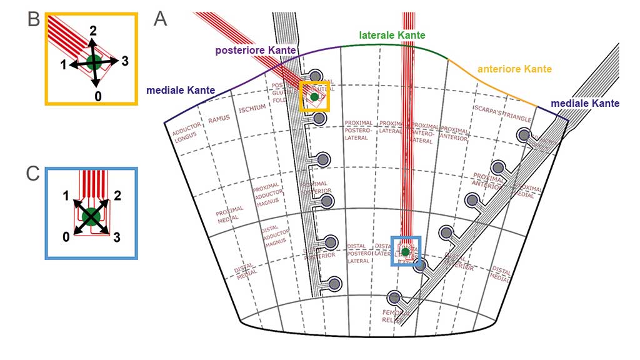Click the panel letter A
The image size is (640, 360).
[161, 19]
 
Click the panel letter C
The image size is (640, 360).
[34, 174]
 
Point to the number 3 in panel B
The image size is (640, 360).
[125, 61]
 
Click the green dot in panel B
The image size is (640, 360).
[94, 62]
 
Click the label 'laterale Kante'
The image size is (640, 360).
[392, 36]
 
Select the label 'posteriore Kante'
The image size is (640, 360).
[256, 50]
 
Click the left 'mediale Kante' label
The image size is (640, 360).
[181, 91]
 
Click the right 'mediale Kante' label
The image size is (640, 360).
[586, 103]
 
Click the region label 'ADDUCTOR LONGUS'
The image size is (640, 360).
[186, 132]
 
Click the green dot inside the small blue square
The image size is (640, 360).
[405, 252]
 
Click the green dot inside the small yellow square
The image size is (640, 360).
[314, 97]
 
